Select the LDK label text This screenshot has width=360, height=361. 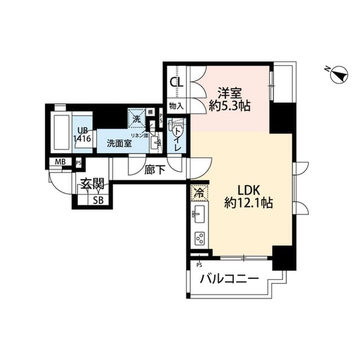click(x=248, y=190)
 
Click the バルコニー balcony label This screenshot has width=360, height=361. click(x=229, y=279)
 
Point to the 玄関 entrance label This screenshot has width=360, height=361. click(x=91, y=183)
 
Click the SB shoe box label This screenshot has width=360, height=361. click(x=98, y=200)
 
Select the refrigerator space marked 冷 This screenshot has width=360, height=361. click(x=198, y=193)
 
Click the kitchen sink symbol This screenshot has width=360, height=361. click(x=199, y=213)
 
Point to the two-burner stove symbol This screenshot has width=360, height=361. click(x=199, y=237)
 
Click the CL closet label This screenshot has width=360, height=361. click(x=176, y=81)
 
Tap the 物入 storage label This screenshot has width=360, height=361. click(x=176, y=105)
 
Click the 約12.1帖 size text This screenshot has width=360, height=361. click(x=248, y=203)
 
